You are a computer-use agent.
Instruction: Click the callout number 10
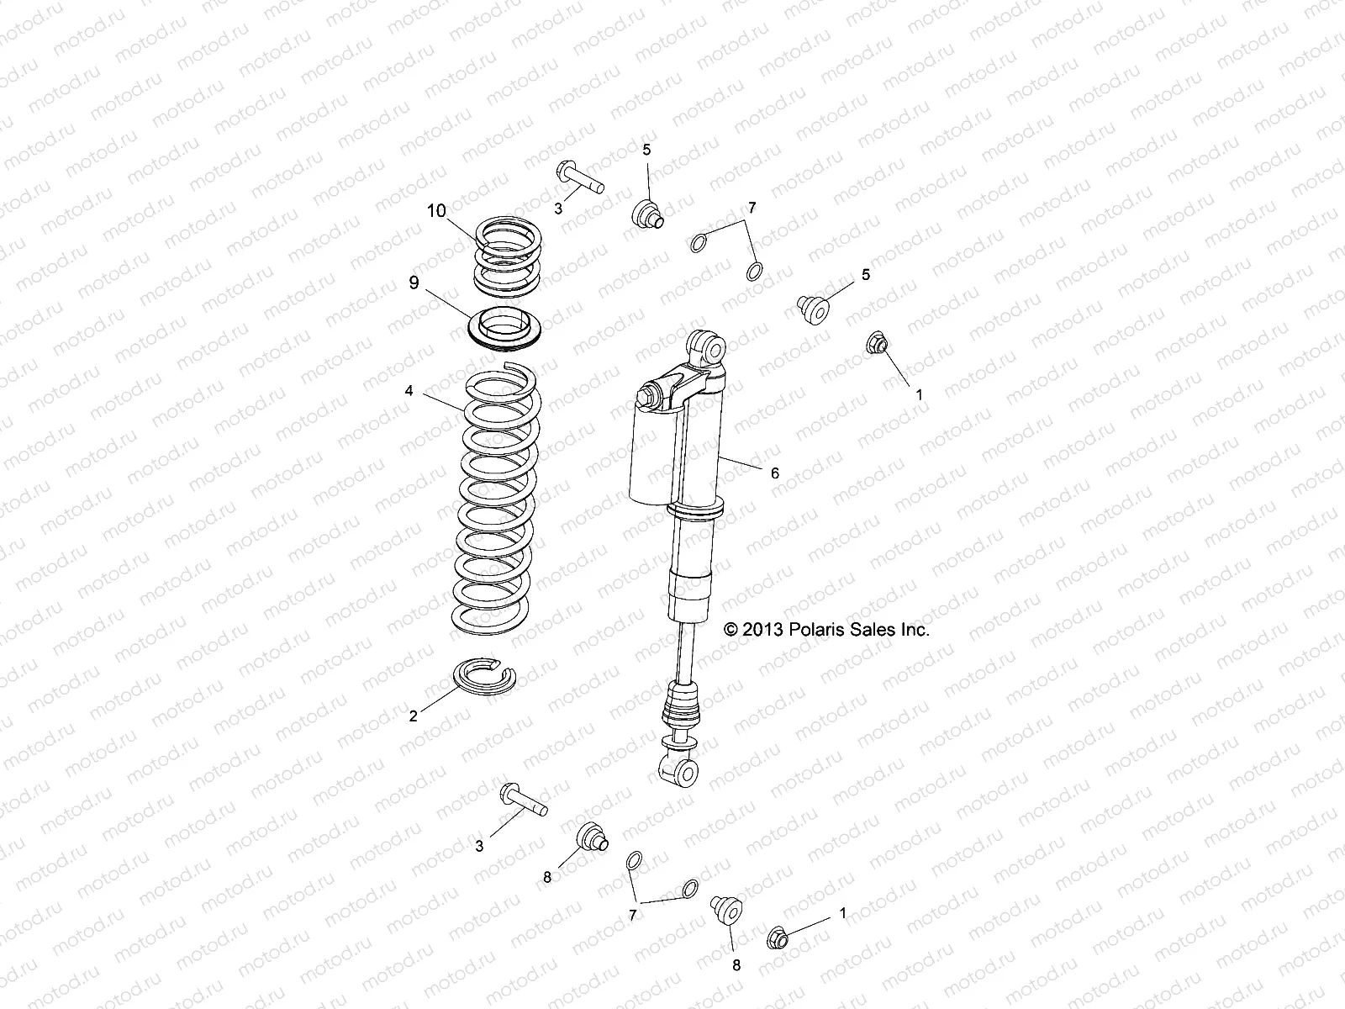pyautogui.click(x=436, y=210)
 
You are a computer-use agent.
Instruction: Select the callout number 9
pyautogui.click(x=414, y=283)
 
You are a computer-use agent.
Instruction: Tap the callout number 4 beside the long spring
pyautogui.click(x=409, y=391)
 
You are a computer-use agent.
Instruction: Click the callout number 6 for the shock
pyautogui.click(x=774, y=473)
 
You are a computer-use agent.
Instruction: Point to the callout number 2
pyautogui.click(x=413, y=716)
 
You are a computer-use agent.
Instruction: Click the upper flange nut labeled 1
pyautogui.click(x=878, y=343)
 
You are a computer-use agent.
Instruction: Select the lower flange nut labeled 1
pyautogui.click(x=779, y=937)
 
